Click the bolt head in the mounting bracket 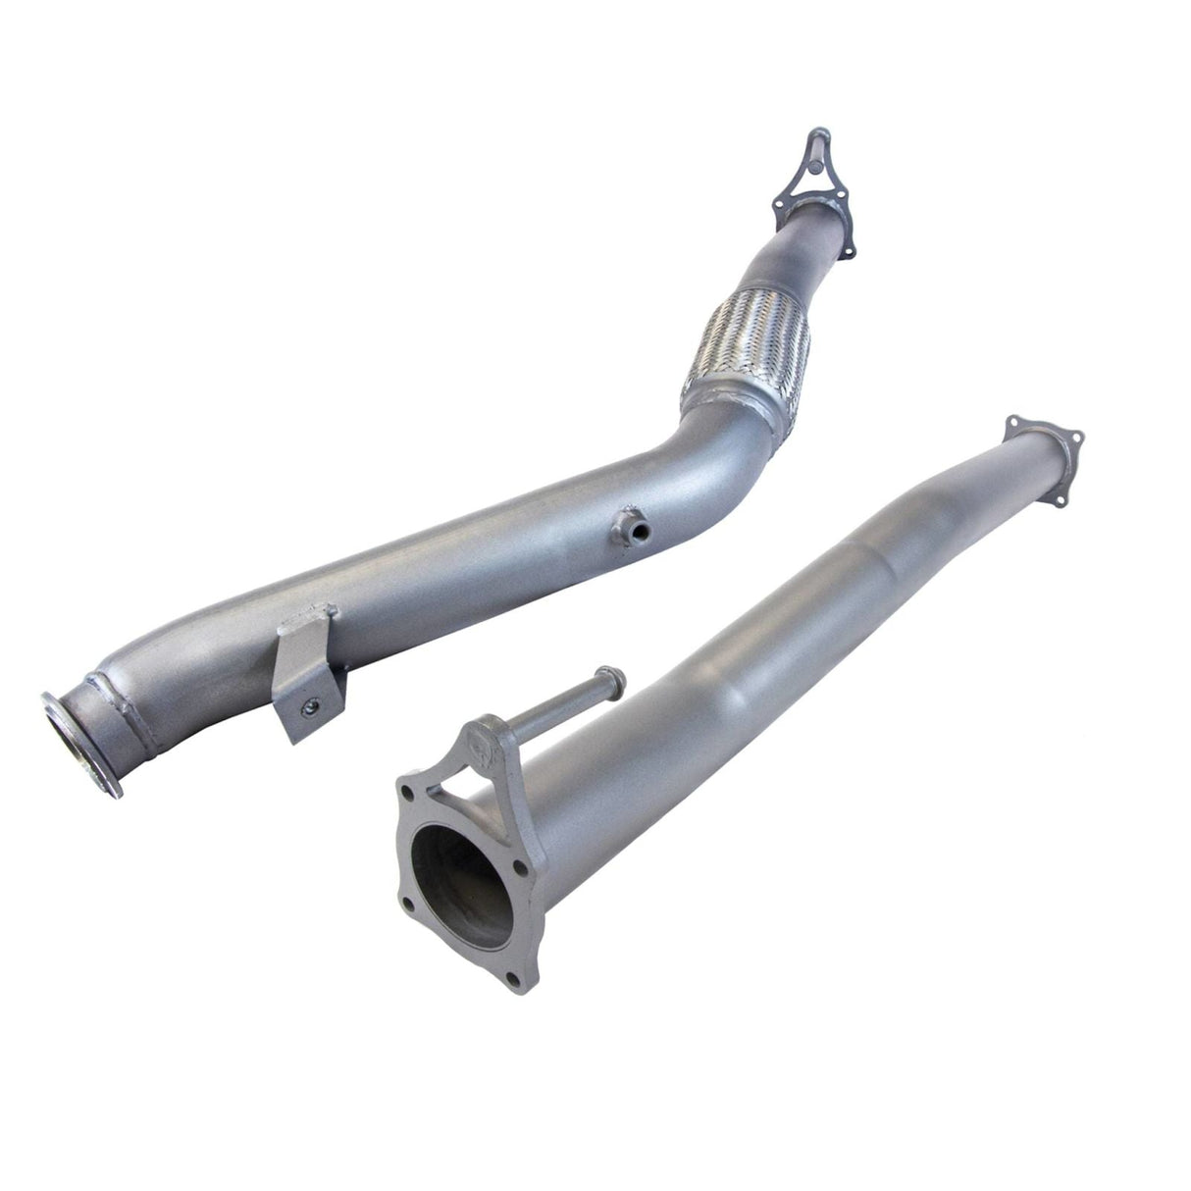(310, 701)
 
